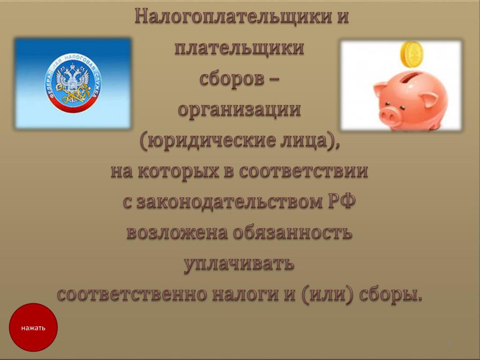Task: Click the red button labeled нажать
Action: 33,327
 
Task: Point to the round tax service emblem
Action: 73,83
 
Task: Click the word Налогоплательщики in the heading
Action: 233,16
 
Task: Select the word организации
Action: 240,110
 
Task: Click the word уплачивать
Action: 239,264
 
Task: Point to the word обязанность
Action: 292,232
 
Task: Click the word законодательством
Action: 230,202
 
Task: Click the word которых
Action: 179,172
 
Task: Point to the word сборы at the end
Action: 388,294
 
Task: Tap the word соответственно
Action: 132,294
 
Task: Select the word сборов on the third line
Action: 232,79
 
